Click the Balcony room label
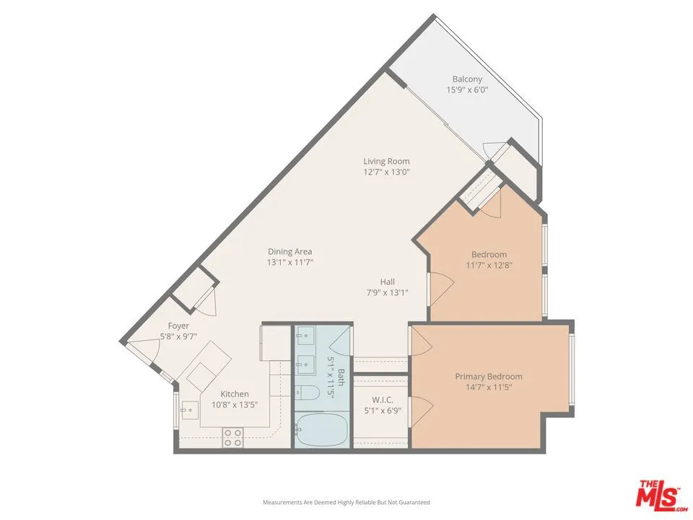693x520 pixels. (467, 79)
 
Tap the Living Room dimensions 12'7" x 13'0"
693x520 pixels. (387, 172)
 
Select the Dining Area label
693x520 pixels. (290, 251)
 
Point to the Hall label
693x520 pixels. (388, 282)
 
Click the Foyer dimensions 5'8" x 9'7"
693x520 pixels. (178, 337)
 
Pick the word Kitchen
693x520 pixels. (235, 394)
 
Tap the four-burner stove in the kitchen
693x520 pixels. (232, 438)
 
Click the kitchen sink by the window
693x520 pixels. (189, 410)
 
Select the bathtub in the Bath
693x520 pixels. (321, 429)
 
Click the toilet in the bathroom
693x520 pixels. (308, 392)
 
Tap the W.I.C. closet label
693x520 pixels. (383, 399)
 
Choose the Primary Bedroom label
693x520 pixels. (489, 376)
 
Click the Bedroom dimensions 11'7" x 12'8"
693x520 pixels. (489, 266)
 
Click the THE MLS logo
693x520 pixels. (662, 493)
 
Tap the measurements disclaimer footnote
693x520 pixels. (346, 503)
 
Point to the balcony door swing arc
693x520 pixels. (493, 150)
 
